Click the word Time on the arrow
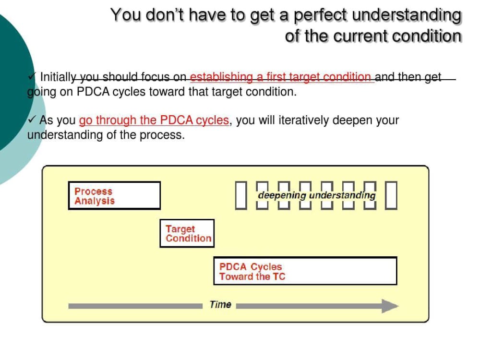220,305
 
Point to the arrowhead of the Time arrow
390,306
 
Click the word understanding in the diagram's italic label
342,196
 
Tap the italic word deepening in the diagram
282,196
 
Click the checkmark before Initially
32,76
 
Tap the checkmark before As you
32,119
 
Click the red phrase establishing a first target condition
280,77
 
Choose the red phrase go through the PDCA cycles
154,120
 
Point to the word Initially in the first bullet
58,77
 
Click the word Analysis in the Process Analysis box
95,201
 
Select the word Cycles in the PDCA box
266,267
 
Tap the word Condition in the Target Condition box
189,238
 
